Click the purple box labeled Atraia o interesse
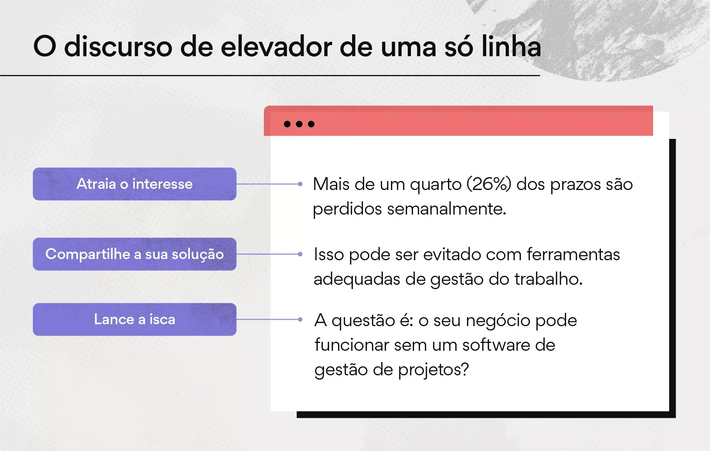tap(135, 184)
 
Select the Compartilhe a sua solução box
tap(135, 254)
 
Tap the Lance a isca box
tap(135, 320)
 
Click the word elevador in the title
tap(276, 47)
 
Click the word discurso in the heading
tap(118, 47)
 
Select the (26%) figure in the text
tap(489, 184)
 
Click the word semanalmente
tap(446, 209)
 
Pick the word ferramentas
tap(573, 254)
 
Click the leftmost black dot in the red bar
tap(287, 124)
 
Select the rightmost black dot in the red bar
tap(311, 124)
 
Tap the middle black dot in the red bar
tap(299, 124)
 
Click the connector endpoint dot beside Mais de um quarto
tap(300, 184)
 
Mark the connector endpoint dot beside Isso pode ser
tap(300, 254)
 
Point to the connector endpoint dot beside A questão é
tap(300, 319)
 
